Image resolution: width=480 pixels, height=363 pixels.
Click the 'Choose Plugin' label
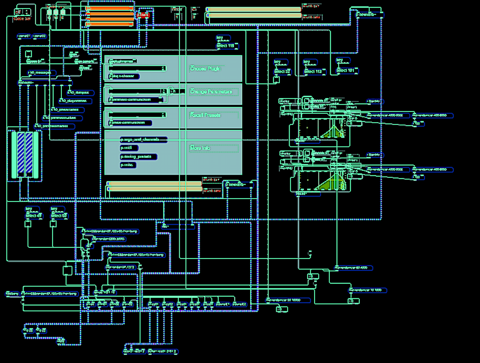pos(205,68)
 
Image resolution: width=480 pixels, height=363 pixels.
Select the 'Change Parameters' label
pos(211,92)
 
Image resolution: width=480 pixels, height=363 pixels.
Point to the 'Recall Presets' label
pos(205,115)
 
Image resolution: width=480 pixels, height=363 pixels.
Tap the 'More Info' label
pos(200,148)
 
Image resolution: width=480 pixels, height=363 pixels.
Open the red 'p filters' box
pos(143,15)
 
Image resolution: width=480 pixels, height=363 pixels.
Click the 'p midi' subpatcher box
pos(129,148)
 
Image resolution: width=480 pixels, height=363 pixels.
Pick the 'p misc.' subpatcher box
pos(128,165)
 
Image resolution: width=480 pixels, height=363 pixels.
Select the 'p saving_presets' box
pos(138,157)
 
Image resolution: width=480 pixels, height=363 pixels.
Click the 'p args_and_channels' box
pos(143,140)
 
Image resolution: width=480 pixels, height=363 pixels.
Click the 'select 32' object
pos(282,72)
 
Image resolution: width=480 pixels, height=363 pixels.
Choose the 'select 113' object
pos(314,72)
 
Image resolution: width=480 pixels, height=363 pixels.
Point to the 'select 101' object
pos(346,71)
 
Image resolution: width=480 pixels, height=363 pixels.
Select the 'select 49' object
pos(34,216)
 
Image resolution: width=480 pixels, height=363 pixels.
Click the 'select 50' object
pos(59,216)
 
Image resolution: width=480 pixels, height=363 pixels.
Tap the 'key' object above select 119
pos(223,38)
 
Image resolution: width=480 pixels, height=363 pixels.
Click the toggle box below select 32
pos(276,80)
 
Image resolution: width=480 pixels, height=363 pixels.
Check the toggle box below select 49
pos(28,224)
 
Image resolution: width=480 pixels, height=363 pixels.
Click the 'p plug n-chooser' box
pos(124,76)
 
